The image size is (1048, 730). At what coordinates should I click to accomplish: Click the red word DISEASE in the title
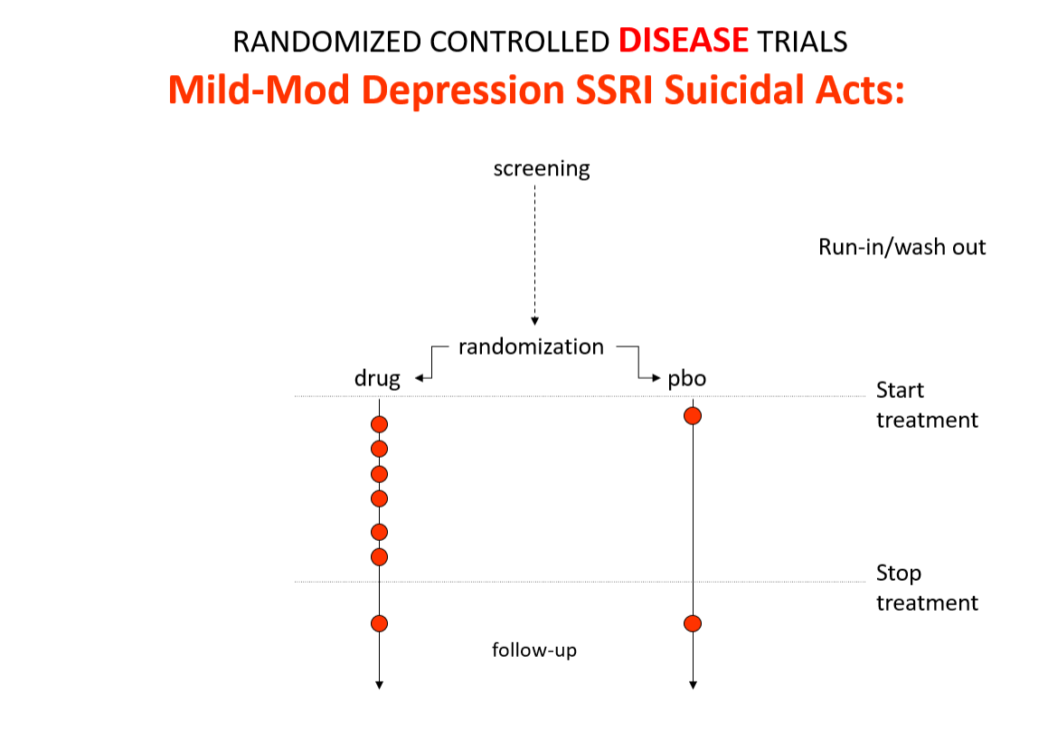pyautogui.click(x=683, y=41)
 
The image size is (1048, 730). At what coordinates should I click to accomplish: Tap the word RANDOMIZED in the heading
pyautogui.click(x=326, y=43)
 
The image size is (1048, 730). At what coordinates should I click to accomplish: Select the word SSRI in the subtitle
pyautogui.click(x=614, y=90)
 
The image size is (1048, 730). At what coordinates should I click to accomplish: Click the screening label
pyautogui.click(x=542, y=168)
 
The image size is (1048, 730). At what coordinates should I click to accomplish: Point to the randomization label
pyautogui.click(x=532, y=346)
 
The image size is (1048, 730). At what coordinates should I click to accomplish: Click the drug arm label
pyautogui.click(x=377, y=378)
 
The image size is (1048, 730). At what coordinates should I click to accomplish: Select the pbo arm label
pyautogui.click(x=687, y=379)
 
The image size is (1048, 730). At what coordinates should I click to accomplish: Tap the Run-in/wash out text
pyautogui.click(x=902, y=247)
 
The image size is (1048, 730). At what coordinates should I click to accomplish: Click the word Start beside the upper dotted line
pyautogui.click(x=901, y=390)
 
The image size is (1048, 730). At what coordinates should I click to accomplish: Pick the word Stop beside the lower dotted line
pyautogui.click(x=899, y=574)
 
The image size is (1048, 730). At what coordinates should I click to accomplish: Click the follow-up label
pyautogui.click(x=534, y=649)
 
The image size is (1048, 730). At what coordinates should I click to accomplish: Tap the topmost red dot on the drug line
pyautogui.click(x=379, y=424)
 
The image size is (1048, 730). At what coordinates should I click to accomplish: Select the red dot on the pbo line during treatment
pyautogui.click(x=693, y=416)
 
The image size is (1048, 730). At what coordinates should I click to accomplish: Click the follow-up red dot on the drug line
pyautogui.click(x=379, y=623)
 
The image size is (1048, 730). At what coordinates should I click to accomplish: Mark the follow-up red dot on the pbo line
pyautogui.click(x=693, y=623)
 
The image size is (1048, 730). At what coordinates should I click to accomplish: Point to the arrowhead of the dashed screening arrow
pyautogui.click(x=534, y=321)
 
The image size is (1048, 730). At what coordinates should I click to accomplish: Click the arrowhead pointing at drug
pyautogui.click(x=419, y=378)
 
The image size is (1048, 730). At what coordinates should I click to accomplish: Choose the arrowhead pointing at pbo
pyautogui.click(x=656, y=378)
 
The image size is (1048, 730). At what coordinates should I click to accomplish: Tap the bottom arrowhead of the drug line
pyautogui.click(x=379, y=685)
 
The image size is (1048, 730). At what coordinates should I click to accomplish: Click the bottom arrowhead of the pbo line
pyautogui.click(x=694, y=685)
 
